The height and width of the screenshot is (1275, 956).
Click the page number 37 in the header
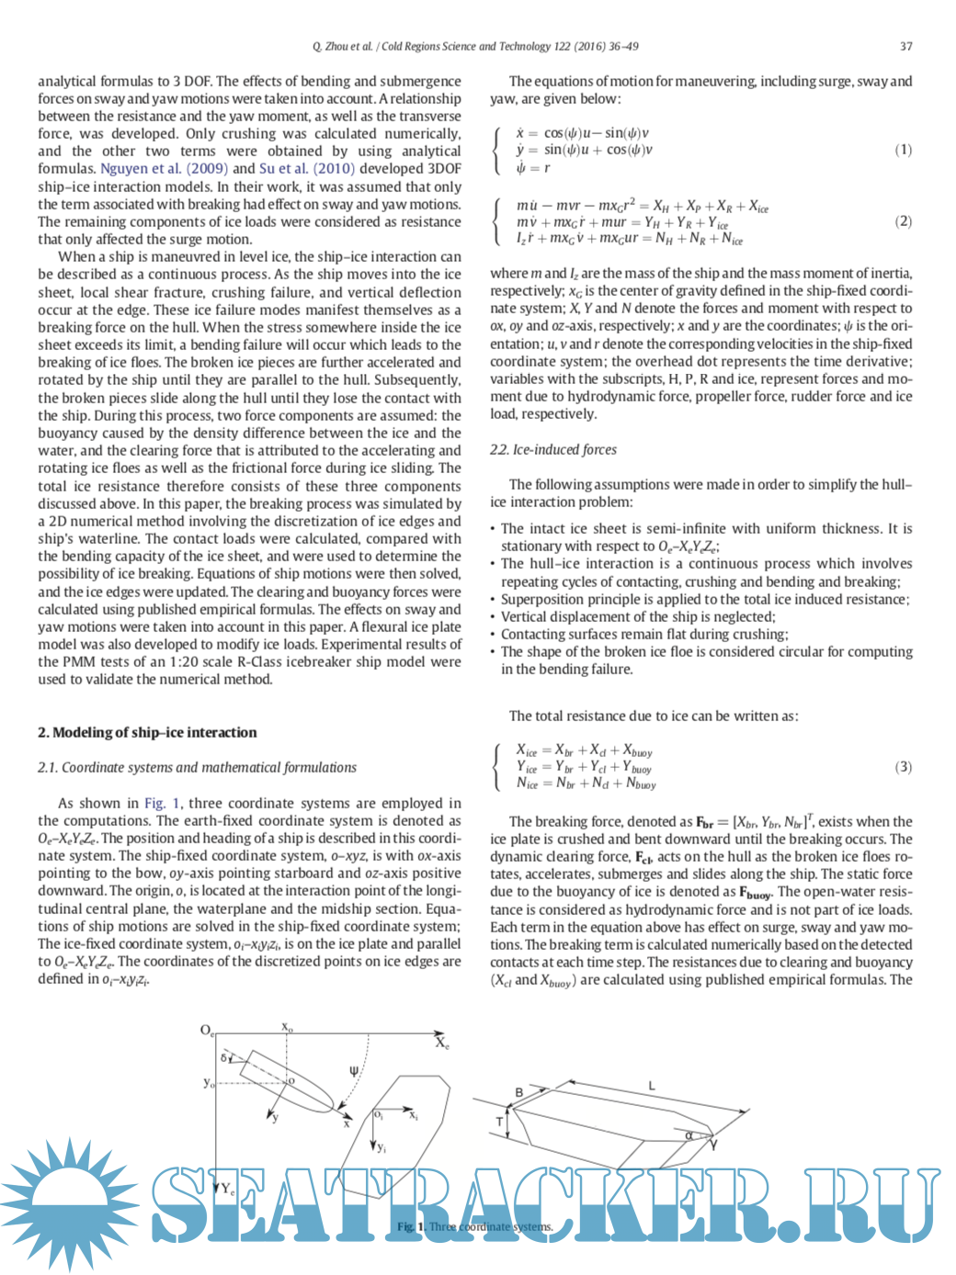pyautogui.click(x=905, y=46)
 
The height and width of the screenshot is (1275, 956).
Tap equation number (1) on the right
pyautogui.click(x=903, y=150)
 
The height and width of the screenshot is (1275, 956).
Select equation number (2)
pyautogui.click(x=903, y=221)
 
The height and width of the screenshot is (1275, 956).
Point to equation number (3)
pyautogui.click(x=903, y=767)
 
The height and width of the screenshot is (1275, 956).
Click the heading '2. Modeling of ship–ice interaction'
pyautogui.click(x=147, y=732)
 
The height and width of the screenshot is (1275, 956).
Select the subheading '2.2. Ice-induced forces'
pyautogui.click(x=552, y=449)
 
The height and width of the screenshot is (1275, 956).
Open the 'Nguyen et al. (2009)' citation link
pyautogui.click(x=164, y=168)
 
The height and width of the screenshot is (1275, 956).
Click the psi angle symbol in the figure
pyautogui.click(x=354, y=1071)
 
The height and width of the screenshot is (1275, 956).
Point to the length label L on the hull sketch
pyautogui.click(x=652, y=1086)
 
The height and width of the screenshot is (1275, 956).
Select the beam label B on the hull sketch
pyautogui.click(x=519, y=1092)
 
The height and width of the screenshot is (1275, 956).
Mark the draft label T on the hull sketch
pyautogui.click(x=500, y=1121)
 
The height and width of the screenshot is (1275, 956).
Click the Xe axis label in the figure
pyautogui.click(x=442, y=1043)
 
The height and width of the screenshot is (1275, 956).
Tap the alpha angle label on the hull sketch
pyautogui.click(x=689, y=1135)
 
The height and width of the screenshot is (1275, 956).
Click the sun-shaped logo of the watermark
pyautogui.click(x=70, y=1202)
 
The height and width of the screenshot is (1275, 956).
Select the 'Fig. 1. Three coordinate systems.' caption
pyautogui.click(x=475, y=1226)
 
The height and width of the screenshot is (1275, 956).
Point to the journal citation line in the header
pyautogui.click(x=475, y=46)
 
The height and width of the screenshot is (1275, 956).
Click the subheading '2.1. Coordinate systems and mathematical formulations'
pyautogui.click(x=197, y=767)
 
